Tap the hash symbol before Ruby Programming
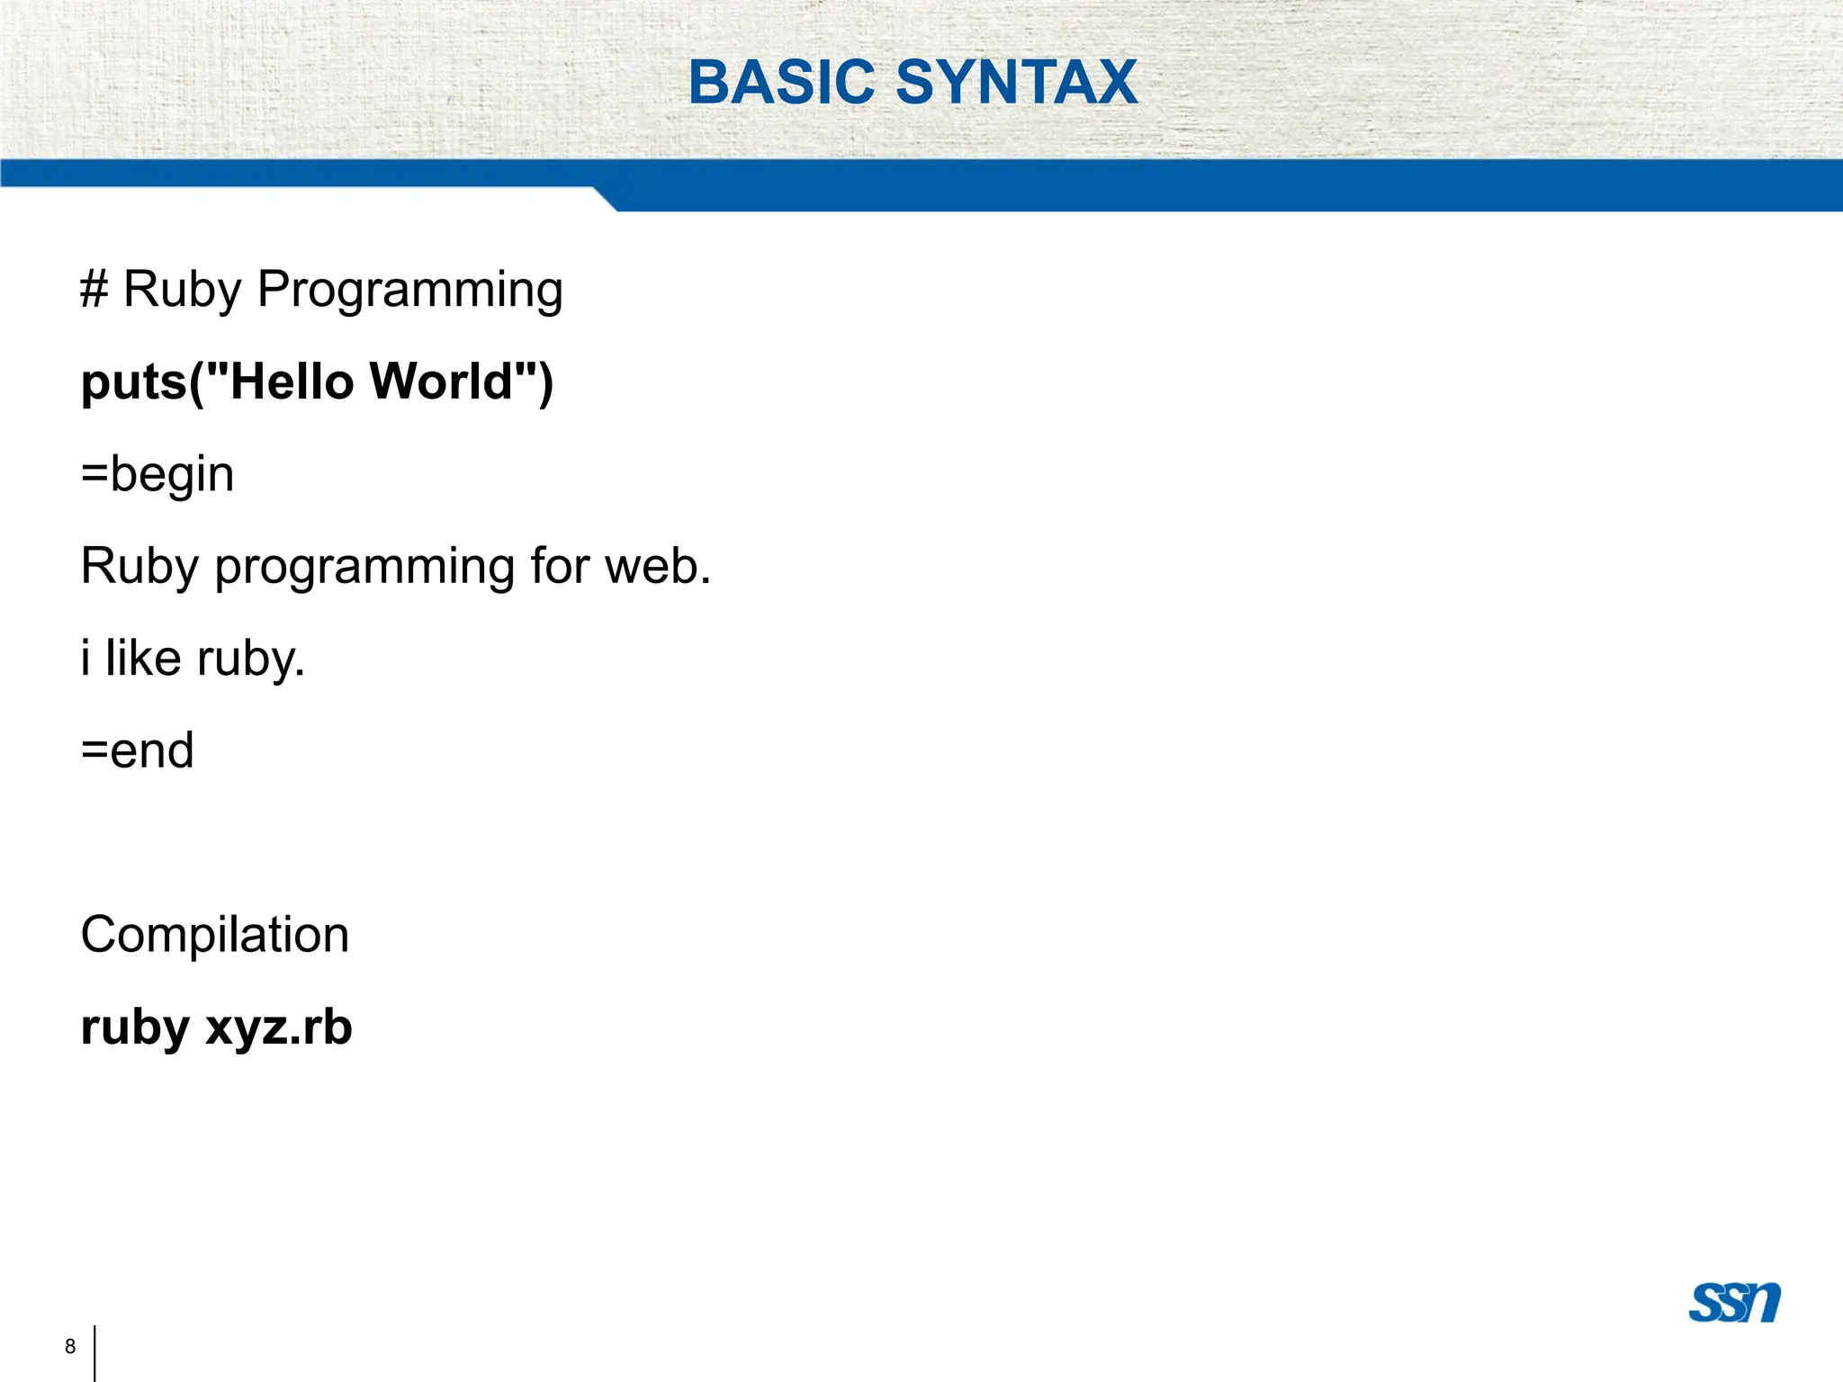tap(94, 290)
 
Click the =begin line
tap(157, 475)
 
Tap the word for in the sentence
tap(559, 567)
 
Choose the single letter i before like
tap(85, 659)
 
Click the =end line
tap(138, 750)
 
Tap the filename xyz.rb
tap(279, 1028)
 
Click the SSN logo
tap(1734, 1302)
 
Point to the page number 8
tap(70, 1346)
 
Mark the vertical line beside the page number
tap(94, 1352)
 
